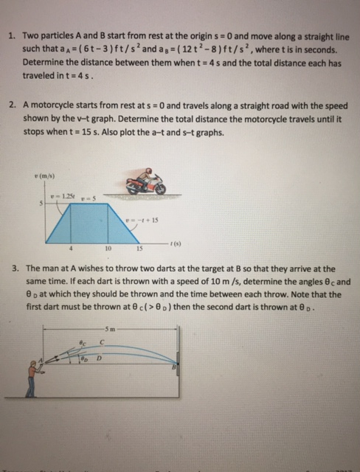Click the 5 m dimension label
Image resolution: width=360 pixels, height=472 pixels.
(111, 329)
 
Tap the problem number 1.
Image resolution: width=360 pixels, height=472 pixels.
(12, 35)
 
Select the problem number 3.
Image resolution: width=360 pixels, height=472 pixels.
(13, 269)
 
